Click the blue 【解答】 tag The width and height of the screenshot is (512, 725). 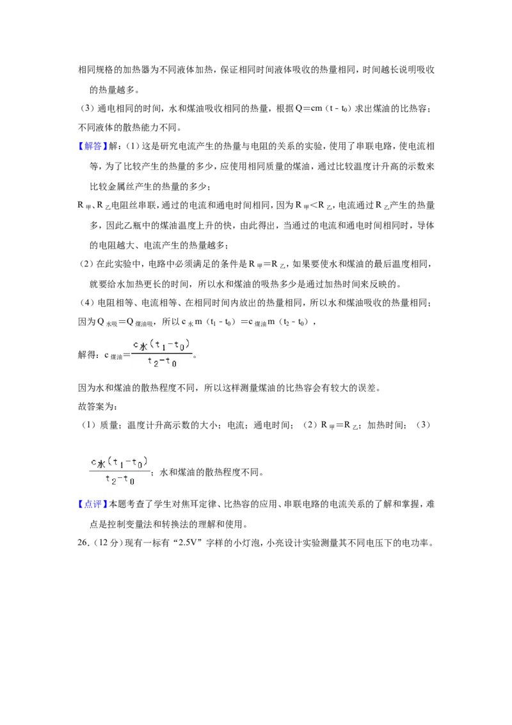[x=92, y=147]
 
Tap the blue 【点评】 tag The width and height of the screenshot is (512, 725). [x=92, y=505]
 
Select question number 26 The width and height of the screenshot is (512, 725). [x=83, y=543]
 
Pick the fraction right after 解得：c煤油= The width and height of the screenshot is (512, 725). [x=161, y=354]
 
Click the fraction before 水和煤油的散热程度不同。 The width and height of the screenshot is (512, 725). [x=119, y=471]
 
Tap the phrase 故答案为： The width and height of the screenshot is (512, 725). [x=97, y=407]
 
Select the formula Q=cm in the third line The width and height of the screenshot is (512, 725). [x=308, y=109]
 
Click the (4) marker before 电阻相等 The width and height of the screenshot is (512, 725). [x=87, y=303]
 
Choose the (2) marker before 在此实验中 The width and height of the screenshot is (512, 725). [x=87, y=264]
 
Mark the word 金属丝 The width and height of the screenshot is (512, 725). [x=121, y=187]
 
